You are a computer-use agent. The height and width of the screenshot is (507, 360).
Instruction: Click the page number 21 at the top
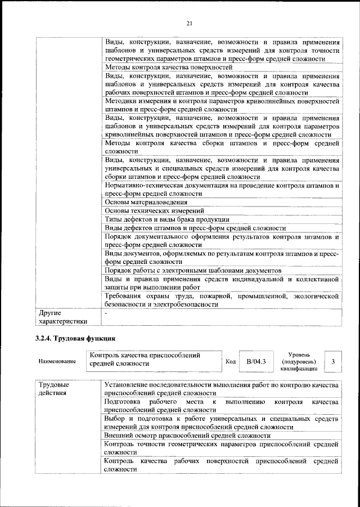coord(190,23)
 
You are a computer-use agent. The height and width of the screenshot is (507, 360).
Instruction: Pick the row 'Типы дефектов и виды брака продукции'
coord(167,219)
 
